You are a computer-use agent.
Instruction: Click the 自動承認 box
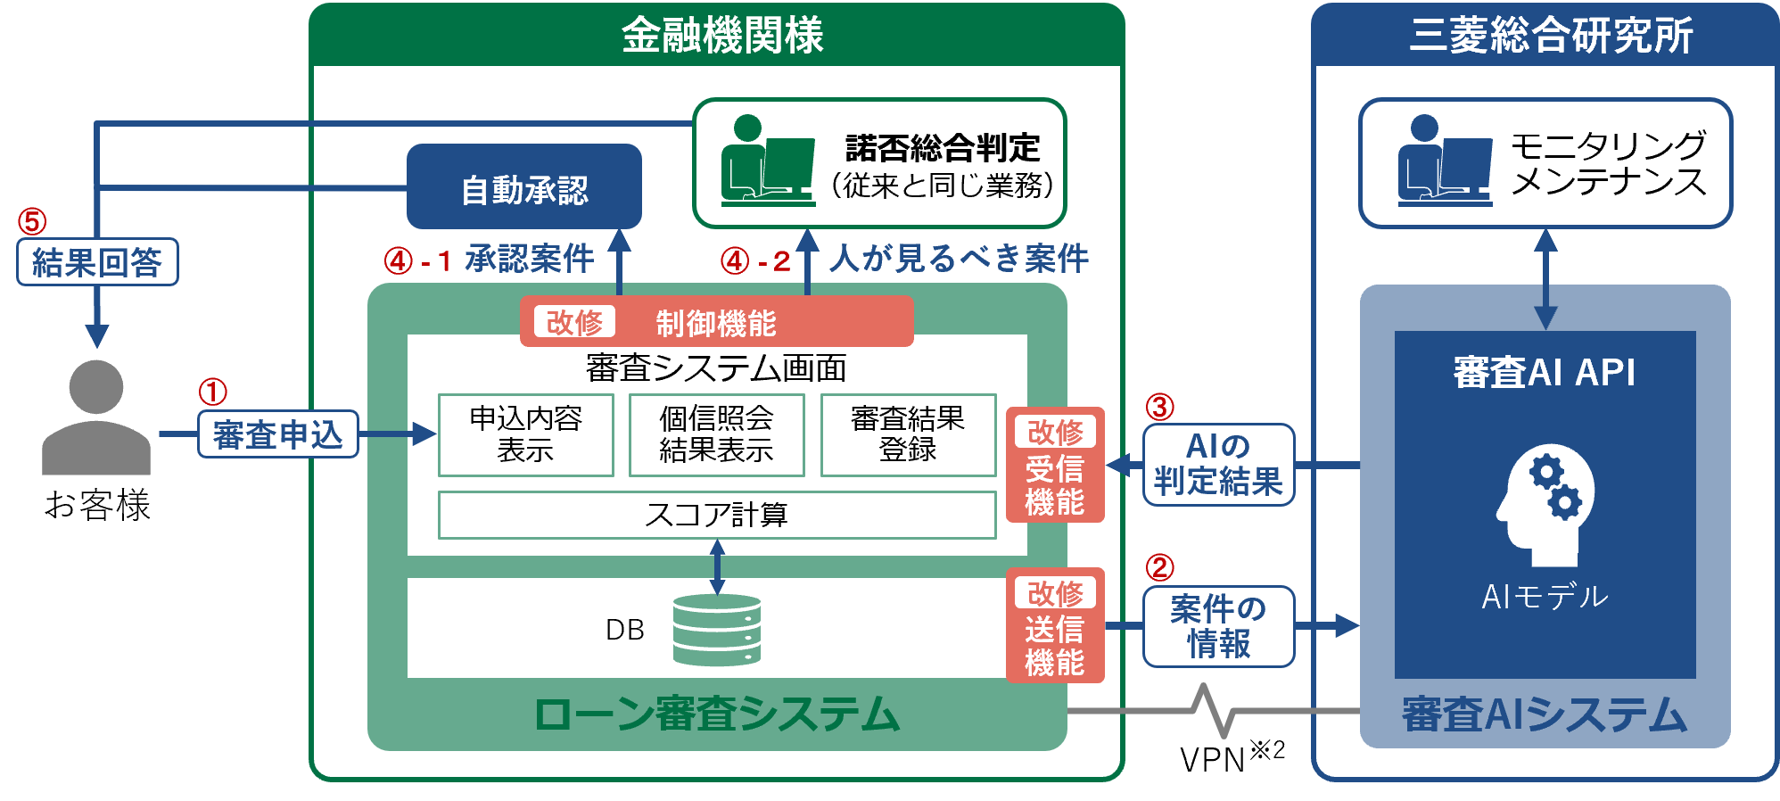[524, 187]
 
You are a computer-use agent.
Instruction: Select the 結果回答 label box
[97, 262]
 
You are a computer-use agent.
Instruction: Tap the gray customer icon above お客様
[96, 417]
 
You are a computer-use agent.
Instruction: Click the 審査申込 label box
[277, 434]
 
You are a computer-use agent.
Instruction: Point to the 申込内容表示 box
[525, 435]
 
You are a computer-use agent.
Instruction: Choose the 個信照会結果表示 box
[716, 435]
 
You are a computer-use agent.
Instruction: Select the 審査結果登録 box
[908, 435]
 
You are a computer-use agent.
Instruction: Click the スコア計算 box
[716, 515]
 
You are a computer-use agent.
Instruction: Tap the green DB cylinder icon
[717, 630]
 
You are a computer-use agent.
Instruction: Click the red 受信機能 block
[1055, 465]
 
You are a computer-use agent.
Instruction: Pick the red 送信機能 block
[1055, 625]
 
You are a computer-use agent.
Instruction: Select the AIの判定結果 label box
[1218, 465]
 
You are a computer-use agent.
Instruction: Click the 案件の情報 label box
[1218, 626]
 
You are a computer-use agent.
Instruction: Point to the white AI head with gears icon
[1545, 504]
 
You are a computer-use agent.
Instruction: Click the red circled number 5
[32, 220]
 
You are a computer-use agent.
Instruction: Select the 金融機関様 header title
[721, 36]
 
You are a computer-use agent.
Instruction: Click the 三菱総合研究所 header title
[1550, 36]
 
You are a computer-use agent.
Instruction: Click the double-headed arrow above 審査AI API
[1545, 279]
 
